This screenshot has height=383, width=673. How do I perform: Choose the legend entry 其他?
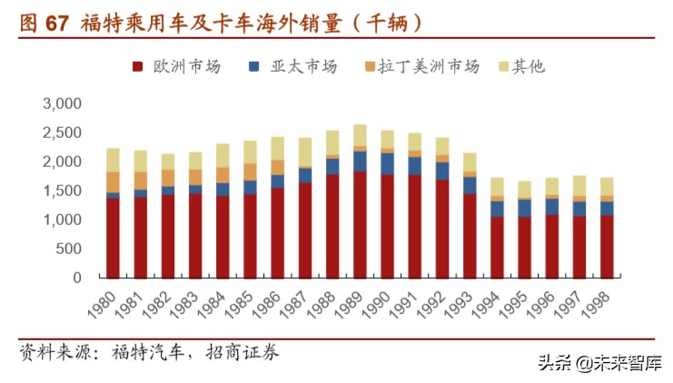pos(528,66)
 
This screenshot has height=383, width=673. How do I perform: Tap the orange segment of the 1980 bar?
pos(113,182)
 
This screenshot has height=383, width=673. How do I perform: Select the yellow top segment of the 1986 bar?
pos(278,149)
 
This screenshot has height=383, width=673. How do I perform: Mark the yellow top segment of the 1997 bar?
pos(579,185)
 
